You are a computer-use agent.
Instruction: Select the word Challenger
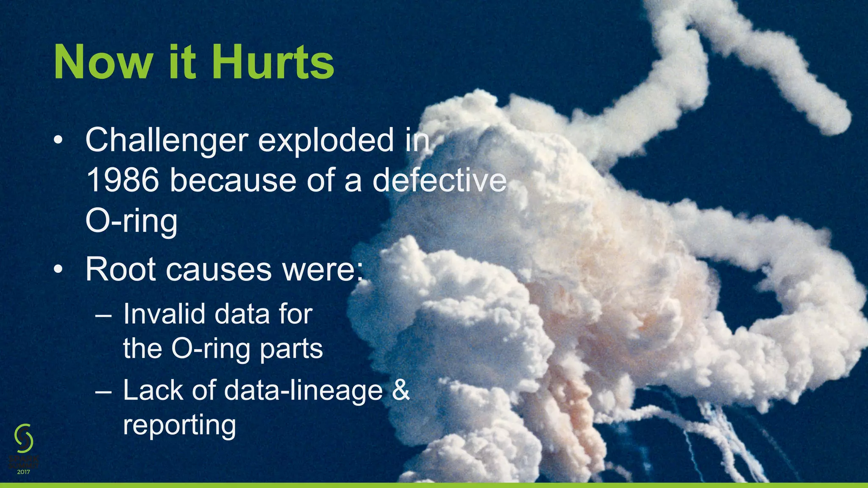167,141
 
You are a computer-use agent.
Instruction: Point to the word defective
440,180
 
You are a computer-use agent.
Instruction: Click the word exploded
326,141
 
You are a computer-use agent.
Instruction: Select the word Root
121,269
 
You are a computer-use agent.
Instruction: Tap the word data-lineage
303,390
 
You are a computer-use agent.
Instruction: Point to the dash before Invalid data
104,315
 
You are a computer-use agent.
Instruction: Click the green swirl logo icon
24,438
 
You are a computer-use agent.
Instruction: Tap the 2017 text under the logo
24,472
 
